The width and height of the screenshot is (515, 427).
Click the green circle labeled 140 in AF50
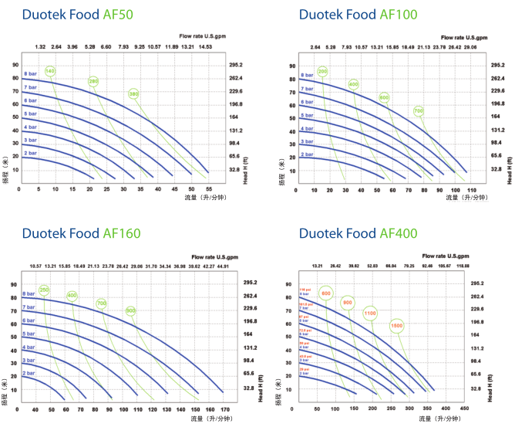click(51, 72)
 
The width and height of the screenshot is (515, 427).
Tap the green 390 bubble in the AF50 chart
click(134, 94)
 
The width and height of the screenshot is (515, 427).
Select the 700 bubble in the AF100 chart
click(418, 111)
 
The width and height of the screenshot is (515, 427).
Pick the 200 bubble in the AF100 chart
click(323, 72)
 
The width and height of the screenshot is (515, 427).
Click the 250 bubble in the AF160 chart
click(44, 290)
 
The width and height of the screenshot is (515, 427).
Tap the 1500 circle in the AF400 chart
click(396, 326)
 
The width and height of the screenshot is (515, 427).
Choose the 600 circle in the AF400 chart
click(325, 293)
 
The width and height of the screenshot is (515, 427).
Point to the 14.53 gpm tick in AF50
click(205, 47)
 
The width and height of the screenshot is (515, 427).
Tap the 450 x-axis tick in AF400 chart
click(464, 407)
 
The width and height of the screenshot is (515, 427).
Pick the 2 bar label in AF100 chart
click(308, 154)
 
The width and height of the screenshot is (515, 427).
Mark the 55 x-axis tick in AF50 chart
click(208, 188)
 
